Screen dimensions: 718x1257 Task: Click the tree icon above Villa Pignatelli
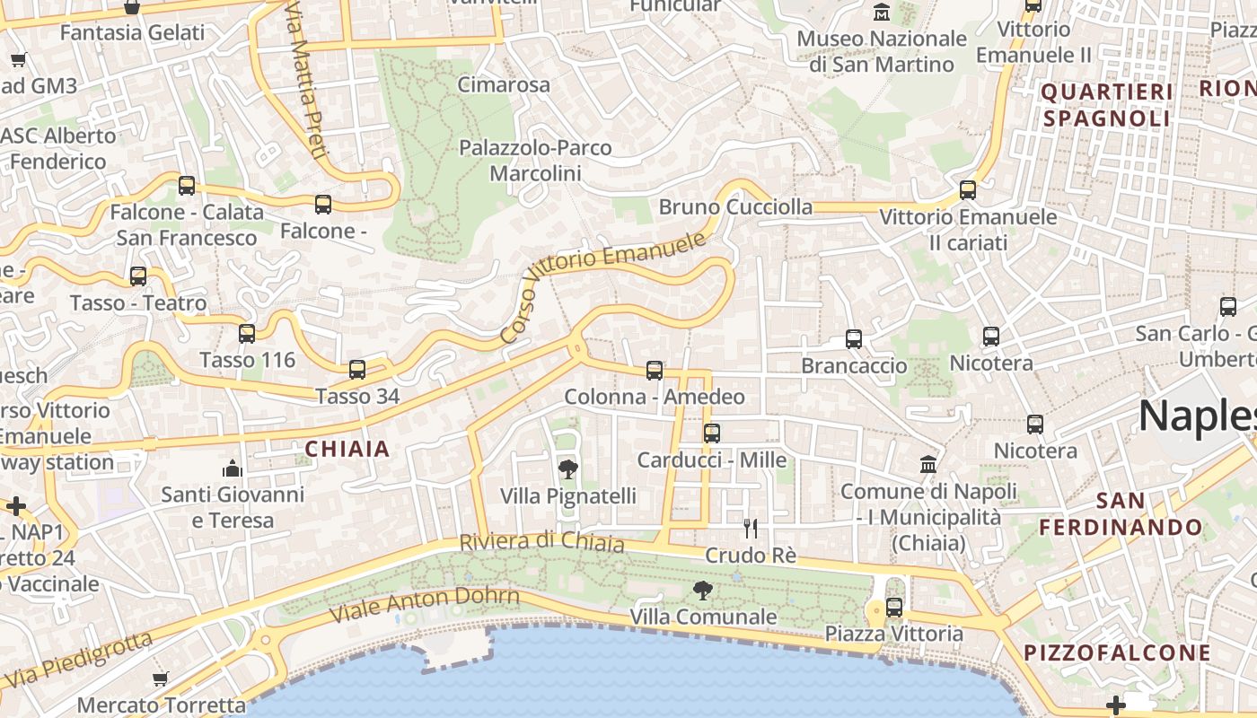click(567, 468)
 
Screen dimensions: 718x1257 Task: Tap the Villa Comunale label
click(703, 617)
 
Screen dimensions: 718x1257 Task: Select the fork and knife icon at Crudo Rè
click(751, 528)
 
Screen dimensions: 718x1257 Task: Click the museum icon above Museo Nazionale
click(882, 13)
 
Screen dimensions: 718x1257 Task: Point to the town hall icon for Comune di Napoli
click(928, 465)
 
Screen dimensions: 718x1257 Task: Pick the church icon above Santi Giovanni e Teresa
click(233, 468)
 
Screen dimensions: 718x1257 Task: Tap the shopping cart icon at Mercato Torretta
click(161, 679)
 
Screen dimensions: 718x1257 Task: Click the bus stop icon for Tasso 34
click(357, 369)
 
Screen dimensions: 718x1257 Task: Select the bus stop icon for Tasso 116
click(247, 334)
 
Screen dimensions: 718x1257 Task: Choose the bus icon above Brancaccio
click(854, 339)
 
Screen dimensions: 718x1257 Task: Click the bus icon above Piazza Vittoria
click(894, 607)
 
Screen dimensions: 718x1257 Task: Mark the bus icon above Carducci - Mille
click(712, 433)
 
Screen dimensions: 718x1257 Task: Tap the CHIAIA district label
click(347, 449)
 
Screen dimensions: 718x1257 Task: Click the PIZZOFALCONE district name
click(1117, 652)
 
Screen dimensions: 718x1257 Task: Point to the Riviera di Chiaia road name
click(541, 542)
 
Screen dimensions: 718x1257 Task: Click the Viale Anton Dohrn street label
click(425, 605)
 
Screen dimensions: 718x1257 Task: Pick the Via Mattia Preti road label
click(303, 78)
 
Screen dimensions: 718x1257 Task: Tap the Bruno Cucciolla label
click(735, 207)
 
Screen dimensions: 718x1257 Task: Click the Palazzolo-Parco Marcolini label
click(535, 160)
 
